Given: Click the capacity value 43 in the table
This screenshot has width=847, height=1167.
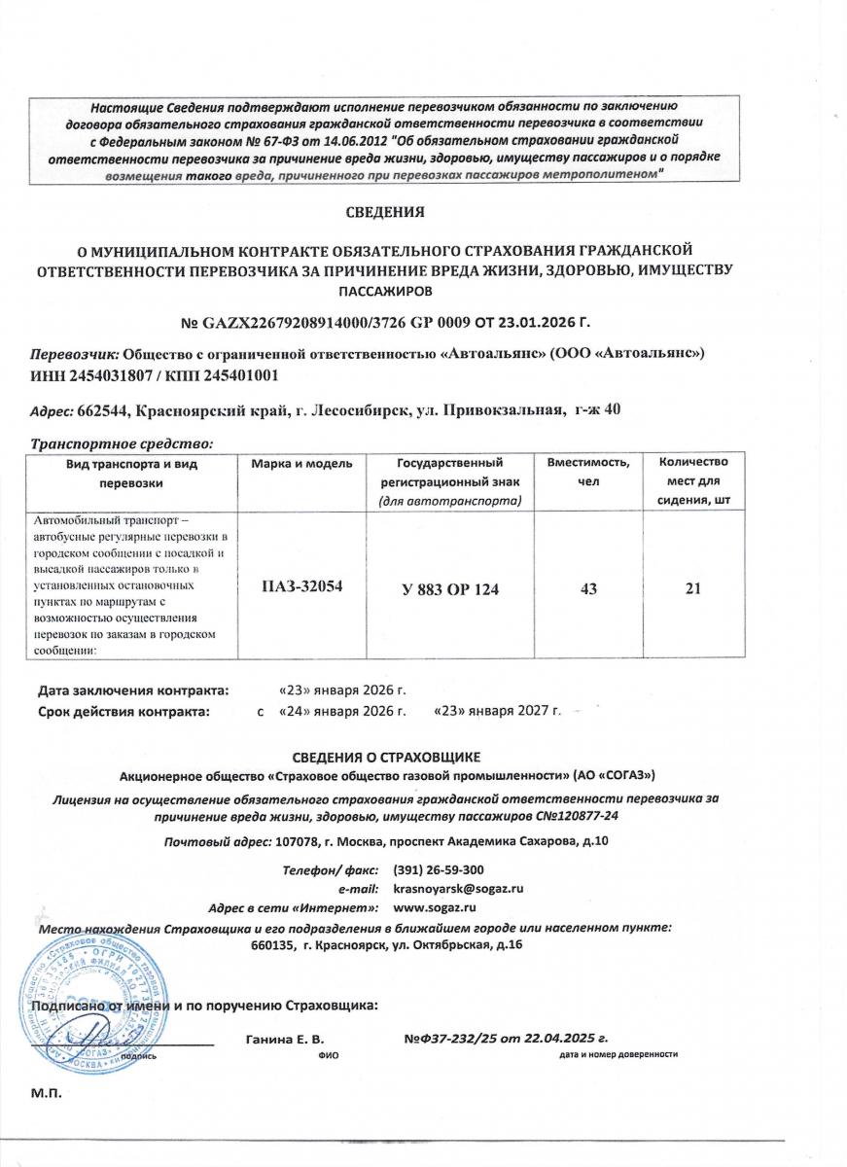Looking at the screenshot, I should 588,587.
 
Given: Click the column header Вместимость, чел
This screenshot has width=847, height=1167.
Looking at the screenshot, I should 588,474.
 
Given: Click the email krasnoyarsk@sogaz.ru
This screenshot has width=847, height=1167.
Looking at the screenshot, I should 458,888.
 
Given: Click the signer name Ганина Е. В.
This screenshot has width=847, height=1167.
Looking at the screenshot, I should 285,1039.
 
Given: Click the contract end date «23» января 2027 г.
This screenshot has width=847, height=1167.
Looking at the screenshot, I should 498,712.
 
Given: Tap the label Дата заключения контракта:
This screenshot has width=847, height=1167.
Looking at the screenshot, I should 133,690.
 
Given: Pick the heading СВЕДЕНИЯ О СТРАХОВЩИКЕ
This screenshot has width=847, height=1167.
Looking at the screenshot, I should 387,757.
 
